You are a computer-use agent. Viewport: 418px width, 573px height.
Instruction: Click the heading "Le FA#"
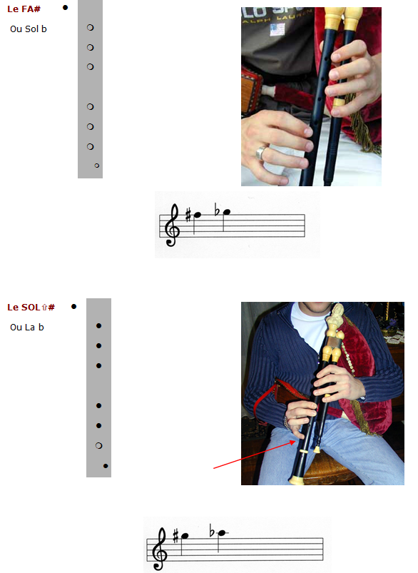(x=24, y=9)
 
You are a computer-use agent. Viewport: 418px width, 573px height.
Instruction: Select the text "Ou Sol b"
(x=29, y=29)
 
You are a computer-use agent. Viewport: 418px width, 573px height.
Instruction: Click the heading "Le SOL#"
(x=31, y=308)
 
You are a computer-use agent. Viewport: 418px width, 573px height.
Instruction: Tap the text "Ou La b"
(x=27, y=327)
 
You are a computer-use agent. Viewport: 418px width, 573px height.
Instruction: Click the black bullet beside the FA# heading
(x=65, y=7)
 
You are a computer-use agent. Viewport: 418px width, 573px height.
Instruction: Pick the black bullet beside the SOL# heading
(x=73, y=307)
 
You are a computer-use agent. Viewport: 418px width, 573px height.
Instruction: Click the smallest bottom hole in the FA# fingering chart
(x=97, y=166)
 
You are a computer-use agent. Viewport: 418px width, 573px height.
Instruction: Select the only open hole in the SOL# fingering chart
(x=98, y=445)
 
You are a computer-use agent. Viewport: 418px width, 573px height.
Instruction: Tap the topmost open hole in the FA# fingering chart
(x=91, y=27)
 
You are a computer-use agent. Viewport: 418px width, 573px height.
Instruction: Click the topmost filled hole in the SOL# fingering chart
(x=98, y=325)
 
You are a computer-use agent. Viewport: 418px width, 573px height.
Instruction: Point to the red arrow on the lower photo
(x=255, y=455)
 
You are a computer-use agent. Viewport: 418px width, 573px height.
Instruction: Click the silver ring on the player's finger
(x=260, y=153)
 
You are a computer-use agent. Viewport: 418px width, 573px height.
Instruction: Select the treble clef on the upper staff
(x=172, y=225)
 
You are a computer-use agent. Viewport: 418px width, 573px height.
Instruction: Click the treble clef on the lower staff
(x=160, y=549)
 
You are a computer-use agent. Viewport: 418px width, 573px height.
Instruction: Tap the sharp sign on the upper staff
(x=188, y=215)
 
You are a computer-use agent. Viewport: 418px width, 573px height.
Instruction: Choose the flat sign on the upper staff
(x=217, y=210)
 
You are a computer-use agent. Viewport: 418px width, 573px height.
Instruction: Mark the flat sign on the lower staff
(x=212, y=531)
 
